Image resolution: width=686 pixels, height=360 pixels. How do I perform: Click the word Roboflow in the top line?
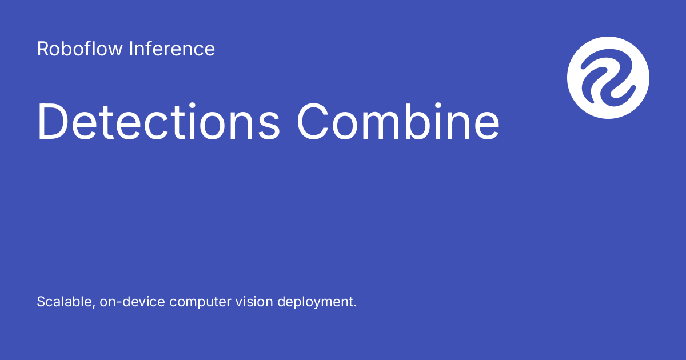(x=80, y=49)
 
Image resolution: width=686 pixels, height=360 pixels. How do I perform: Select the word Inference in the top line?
(x=172, y=49)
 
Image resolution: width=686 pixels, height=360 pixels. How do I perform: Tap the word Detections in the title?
(x=158, y=122)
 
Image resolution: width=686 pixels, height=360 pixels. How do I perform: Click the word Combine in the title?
(x=398, y=122)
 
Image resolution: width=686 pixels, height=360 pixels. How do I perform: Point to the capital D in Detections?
(x=53, y=122)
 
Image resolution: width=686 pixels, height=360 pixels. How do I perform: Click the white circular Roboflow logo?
(x=608, y=78)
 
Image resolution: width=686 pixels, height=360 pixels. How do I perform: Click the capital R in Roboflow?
(x=42, y=49)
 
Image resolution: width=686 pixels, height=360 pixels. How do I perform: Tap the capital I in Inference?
(x=130, y=49)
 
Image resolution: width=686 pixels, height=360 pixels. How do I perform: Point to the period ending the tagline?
(x=354, y=306)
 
